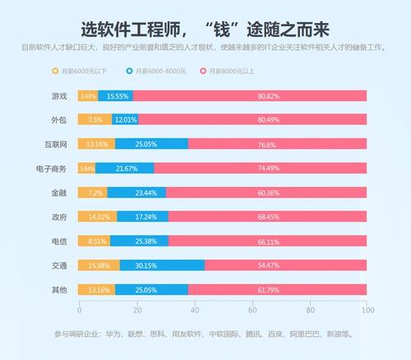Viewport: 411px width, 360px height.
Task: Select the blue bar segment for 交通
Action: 162,265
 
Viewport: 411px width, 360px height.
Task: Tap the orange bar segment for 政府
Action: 98,217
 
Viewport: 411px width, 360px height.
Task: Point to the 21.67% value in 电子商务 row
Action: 127,168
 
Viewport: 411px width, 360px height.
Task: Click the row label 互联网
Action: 57,144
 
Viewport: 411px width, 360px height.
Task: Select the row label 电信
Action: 60,242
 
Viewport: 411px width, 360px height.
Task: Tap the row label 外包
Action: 60,120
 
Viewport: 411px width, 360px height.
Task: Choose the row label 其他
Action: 60,290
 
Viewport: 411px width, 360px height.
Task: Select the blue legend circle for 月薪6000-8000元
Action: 130,72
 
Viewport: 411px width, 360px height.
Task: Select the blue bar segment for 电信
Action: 139,242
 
